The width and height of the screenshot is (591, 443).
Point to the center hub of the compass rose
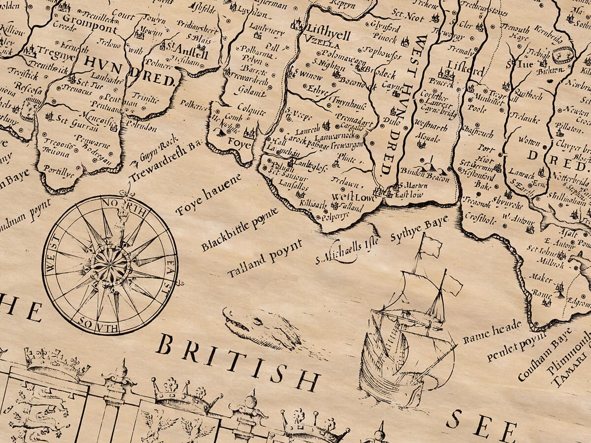110,265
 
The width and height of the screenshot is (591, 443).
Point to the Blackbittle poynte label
239,229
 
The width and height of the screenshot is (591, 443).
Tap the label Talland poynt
264,258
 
